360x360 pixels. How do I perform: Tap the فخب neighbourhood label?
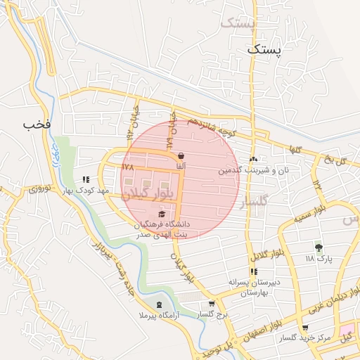(x=37, y=124)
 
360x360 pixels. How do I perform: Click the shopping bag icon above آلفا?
(x=181, y=156)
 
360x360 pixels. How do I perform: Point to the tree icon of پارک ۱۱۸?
(x=319, y=247)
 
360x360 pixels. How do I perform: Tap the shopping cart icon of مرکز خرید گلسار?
(x=304, y=328)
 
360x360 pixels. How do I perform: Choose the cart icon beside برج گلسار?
(x=211, y=304)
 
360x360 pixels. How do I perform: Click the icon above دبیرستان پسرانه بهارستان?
(x=253, y=271)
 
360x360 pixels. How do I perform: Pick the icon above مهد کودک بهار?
(x=86, y=179)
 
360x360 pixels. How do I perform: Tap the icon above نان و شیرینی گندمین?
(x=253, y=159)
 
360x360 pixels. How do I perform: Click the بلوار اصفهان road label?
(x=258, y=333)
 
